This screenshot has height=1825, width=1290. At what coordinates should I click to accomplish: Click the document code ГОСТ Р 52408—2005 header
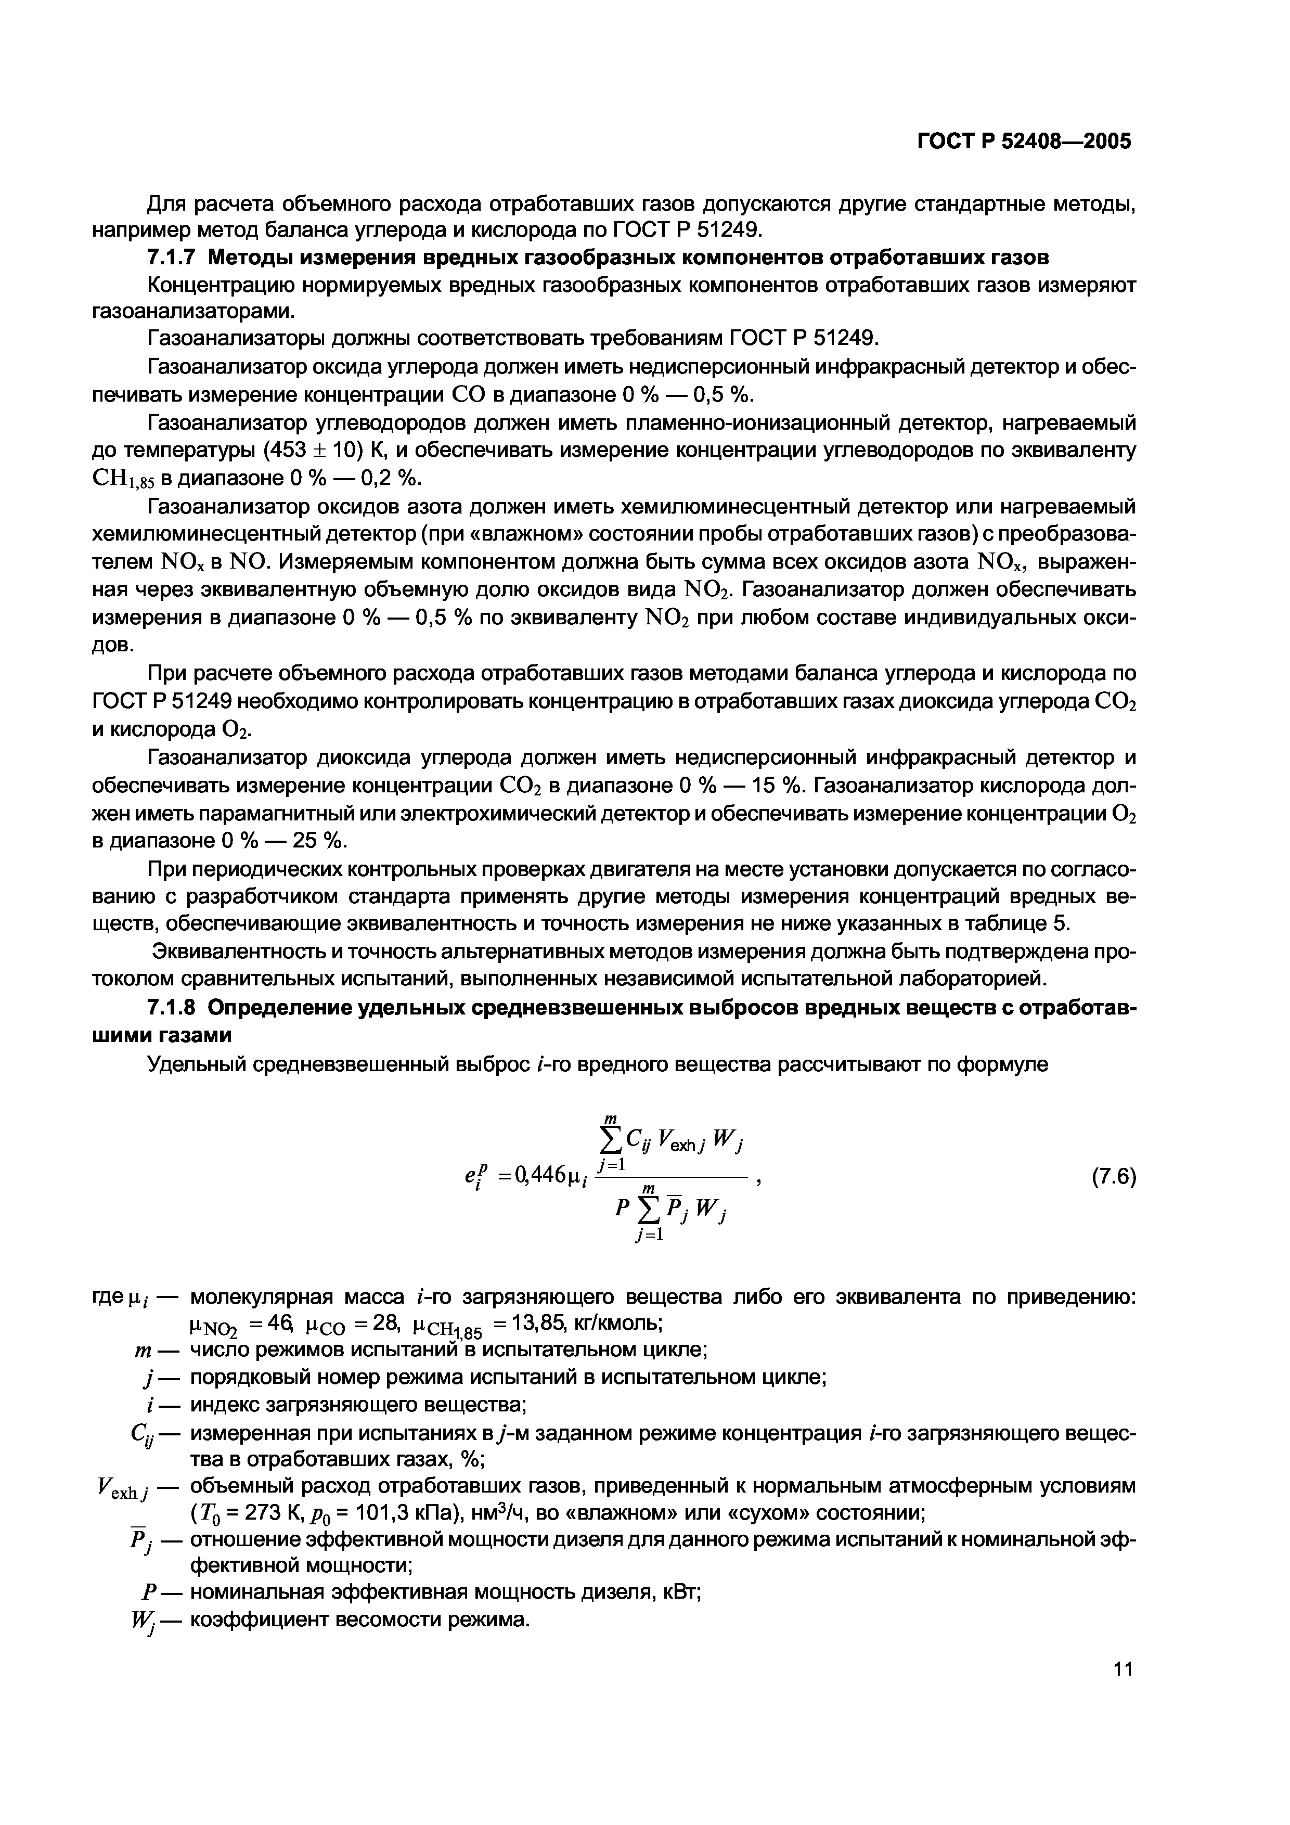click(1024, 142)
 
